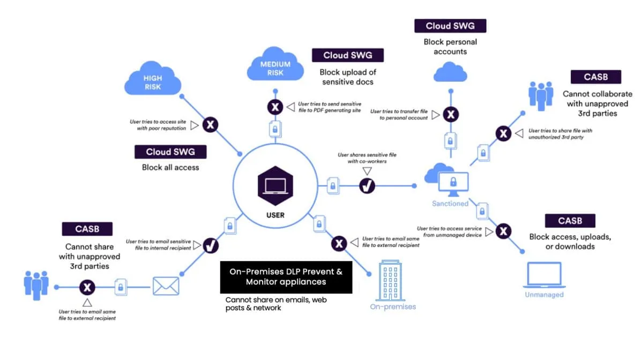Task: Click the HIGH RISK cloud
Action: tap(152, 81)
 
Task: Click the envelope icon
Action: tap(166, 286)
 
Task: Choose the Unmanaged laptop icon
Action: tap(544, 275)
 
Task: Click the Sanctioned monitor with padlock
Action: tap(453, 182)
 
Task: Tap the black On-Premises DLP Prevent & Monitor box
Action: tap(286, 277)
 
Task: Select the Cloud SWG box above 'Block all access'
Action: tap(171, 152)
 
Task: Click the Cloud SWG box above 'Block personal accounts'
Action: tap(451, 26)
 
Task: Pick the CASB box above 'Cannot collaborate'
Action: tap(595, 77)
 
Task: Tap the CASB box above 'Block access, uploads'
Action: tap(570, 221)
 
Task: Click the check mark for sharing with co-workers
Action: tap(367, 186)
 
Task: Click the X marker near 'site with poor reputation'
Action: tap(211, 125)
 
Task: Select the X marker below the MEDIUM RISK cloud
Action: tap(275, 107)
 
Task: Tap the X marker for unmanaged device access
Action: tap(503, 231)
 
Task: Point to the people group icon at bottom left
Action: tap(36, 285)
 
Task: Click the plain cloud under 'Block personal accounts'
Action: tap(450, 71)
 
